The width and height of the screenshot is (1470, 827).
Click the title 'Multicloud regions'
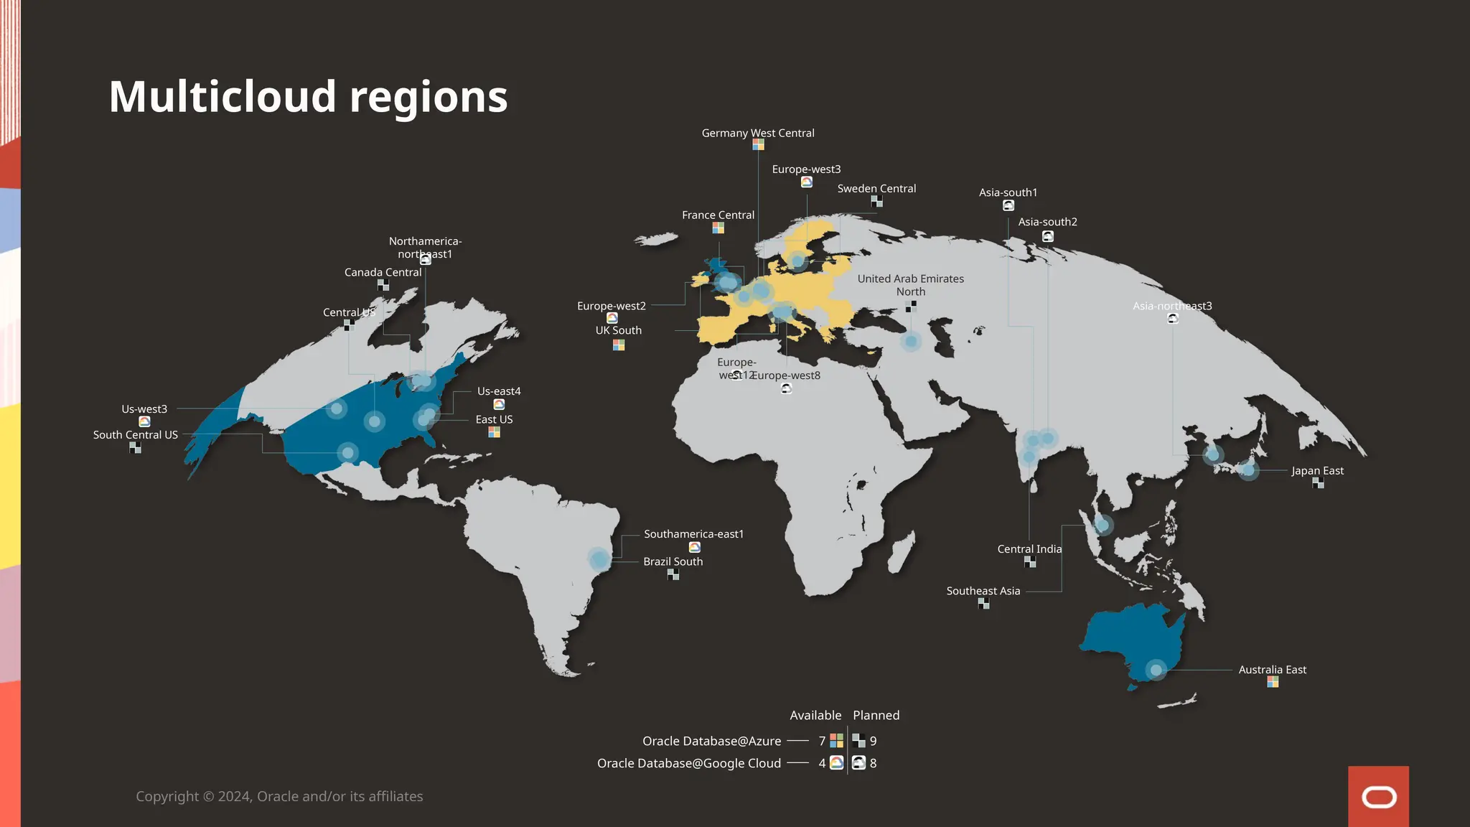click(x=308, y=97)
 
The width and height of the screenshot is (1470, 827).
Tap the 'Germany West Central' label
click(x=757, y=134)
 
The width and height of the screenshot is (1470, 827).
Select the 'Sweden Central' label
click(x=876, y=189)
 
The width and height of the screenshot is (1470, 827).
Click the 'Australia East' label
click(x=1272, y=670)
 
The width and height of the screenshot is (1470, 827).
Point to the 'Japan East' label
click(x=1317, y=471)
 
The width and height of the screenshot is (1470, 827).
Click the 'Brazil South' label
click(x=673, y=561)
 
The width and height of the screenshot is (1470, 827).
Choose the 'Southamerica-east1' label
click(x=693, y=534)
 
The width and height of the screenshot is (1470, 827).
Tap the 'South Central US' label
click(x=135, y=435)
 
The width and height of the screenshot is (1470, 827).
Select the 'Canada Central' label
click(x=383, y=273)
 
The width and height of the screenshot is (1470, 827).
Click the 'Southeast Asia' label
click(x=983, y=591)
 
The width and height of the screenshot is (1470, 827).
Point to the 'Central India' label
click(x=1029, y=549)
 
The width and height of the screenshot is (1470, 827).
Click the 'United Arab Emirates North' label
click(x=910, y=285)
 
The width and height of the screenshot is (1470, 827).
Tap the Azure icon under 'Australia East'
click(x=1272, y=682)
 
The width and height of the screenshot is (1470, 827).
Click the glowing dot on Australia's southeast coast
click(x=1156, y=671)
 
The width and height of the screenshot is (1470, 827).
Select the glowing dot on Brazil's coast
click(x=599, y=559)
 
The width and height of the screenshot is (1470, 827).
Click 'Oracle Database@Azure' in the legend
click(x=711, y=741)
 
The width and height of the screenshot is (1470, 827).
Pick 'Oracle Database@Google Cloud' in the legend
click(x=688, y=763)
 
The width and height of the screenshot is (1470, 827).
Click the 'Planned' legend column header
click(x=876, y=716)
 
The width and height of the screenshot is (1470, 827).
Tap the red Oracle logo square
click(x=1378, y=796)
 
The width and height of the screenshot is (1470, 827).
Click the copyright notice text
click(x=279, y=797)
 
